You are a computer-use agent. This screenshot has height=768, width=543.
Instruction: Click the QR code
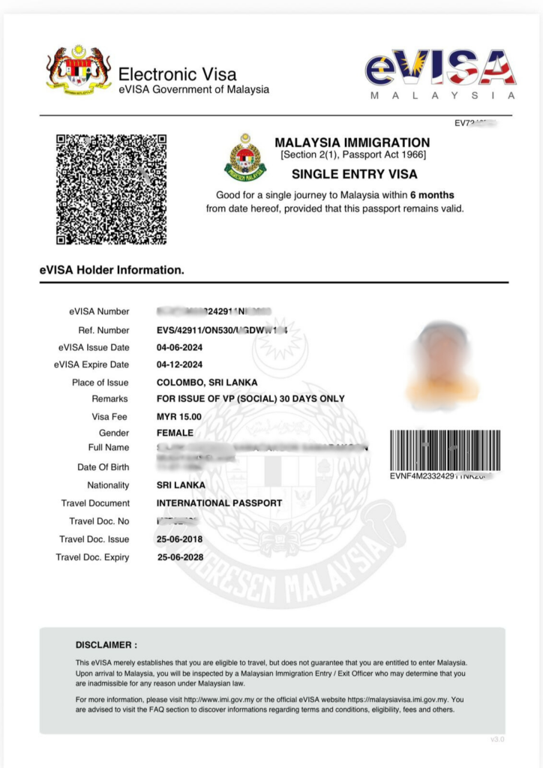(x=111, y=190)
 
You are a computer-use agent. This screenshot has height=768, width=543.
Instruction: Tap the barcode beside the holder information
(x=445, y=449)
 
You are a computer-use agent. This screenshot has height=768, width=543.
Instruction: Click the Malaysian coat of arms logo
(x=78, y=69)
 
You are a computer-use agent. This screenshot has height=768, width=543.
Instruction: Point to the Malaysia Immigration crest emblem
(x=245, y=157)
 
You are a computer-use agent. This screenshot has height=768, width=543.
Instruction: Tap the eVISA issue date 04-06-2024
(x=179, y=347)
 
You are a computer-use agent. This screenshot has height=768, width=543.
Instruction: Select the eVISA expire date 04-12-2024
(x=179, y=365)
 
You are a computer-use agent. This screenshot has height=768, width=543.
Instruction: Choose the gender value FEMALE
(x=175, y=433)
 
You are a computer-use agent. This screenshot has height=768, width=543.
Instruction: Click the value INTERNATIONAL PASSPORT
(x=219, y=503)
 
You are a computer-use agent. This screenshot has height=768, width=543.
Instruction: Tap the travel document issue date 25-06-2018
(x=179, y=539)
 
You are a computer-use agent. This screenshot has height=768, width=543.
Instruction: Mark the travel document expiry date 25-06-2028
(x=180, y=557)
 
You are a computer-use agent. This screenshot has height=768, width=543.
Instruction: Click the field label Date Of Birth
(x=103, y=467)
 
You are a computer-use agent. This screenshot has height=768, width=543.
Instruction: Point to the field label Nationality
(x=108, y=485)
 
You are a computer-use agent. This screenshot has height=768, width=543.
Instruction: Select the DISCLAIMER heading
(x=106, y=644)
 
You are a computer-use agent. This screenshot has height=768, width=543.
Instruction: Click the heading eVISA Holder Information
(x=112, y=269)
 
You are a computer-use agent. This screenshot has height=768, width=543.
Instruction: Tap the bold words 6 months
(x=432, y=195)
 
